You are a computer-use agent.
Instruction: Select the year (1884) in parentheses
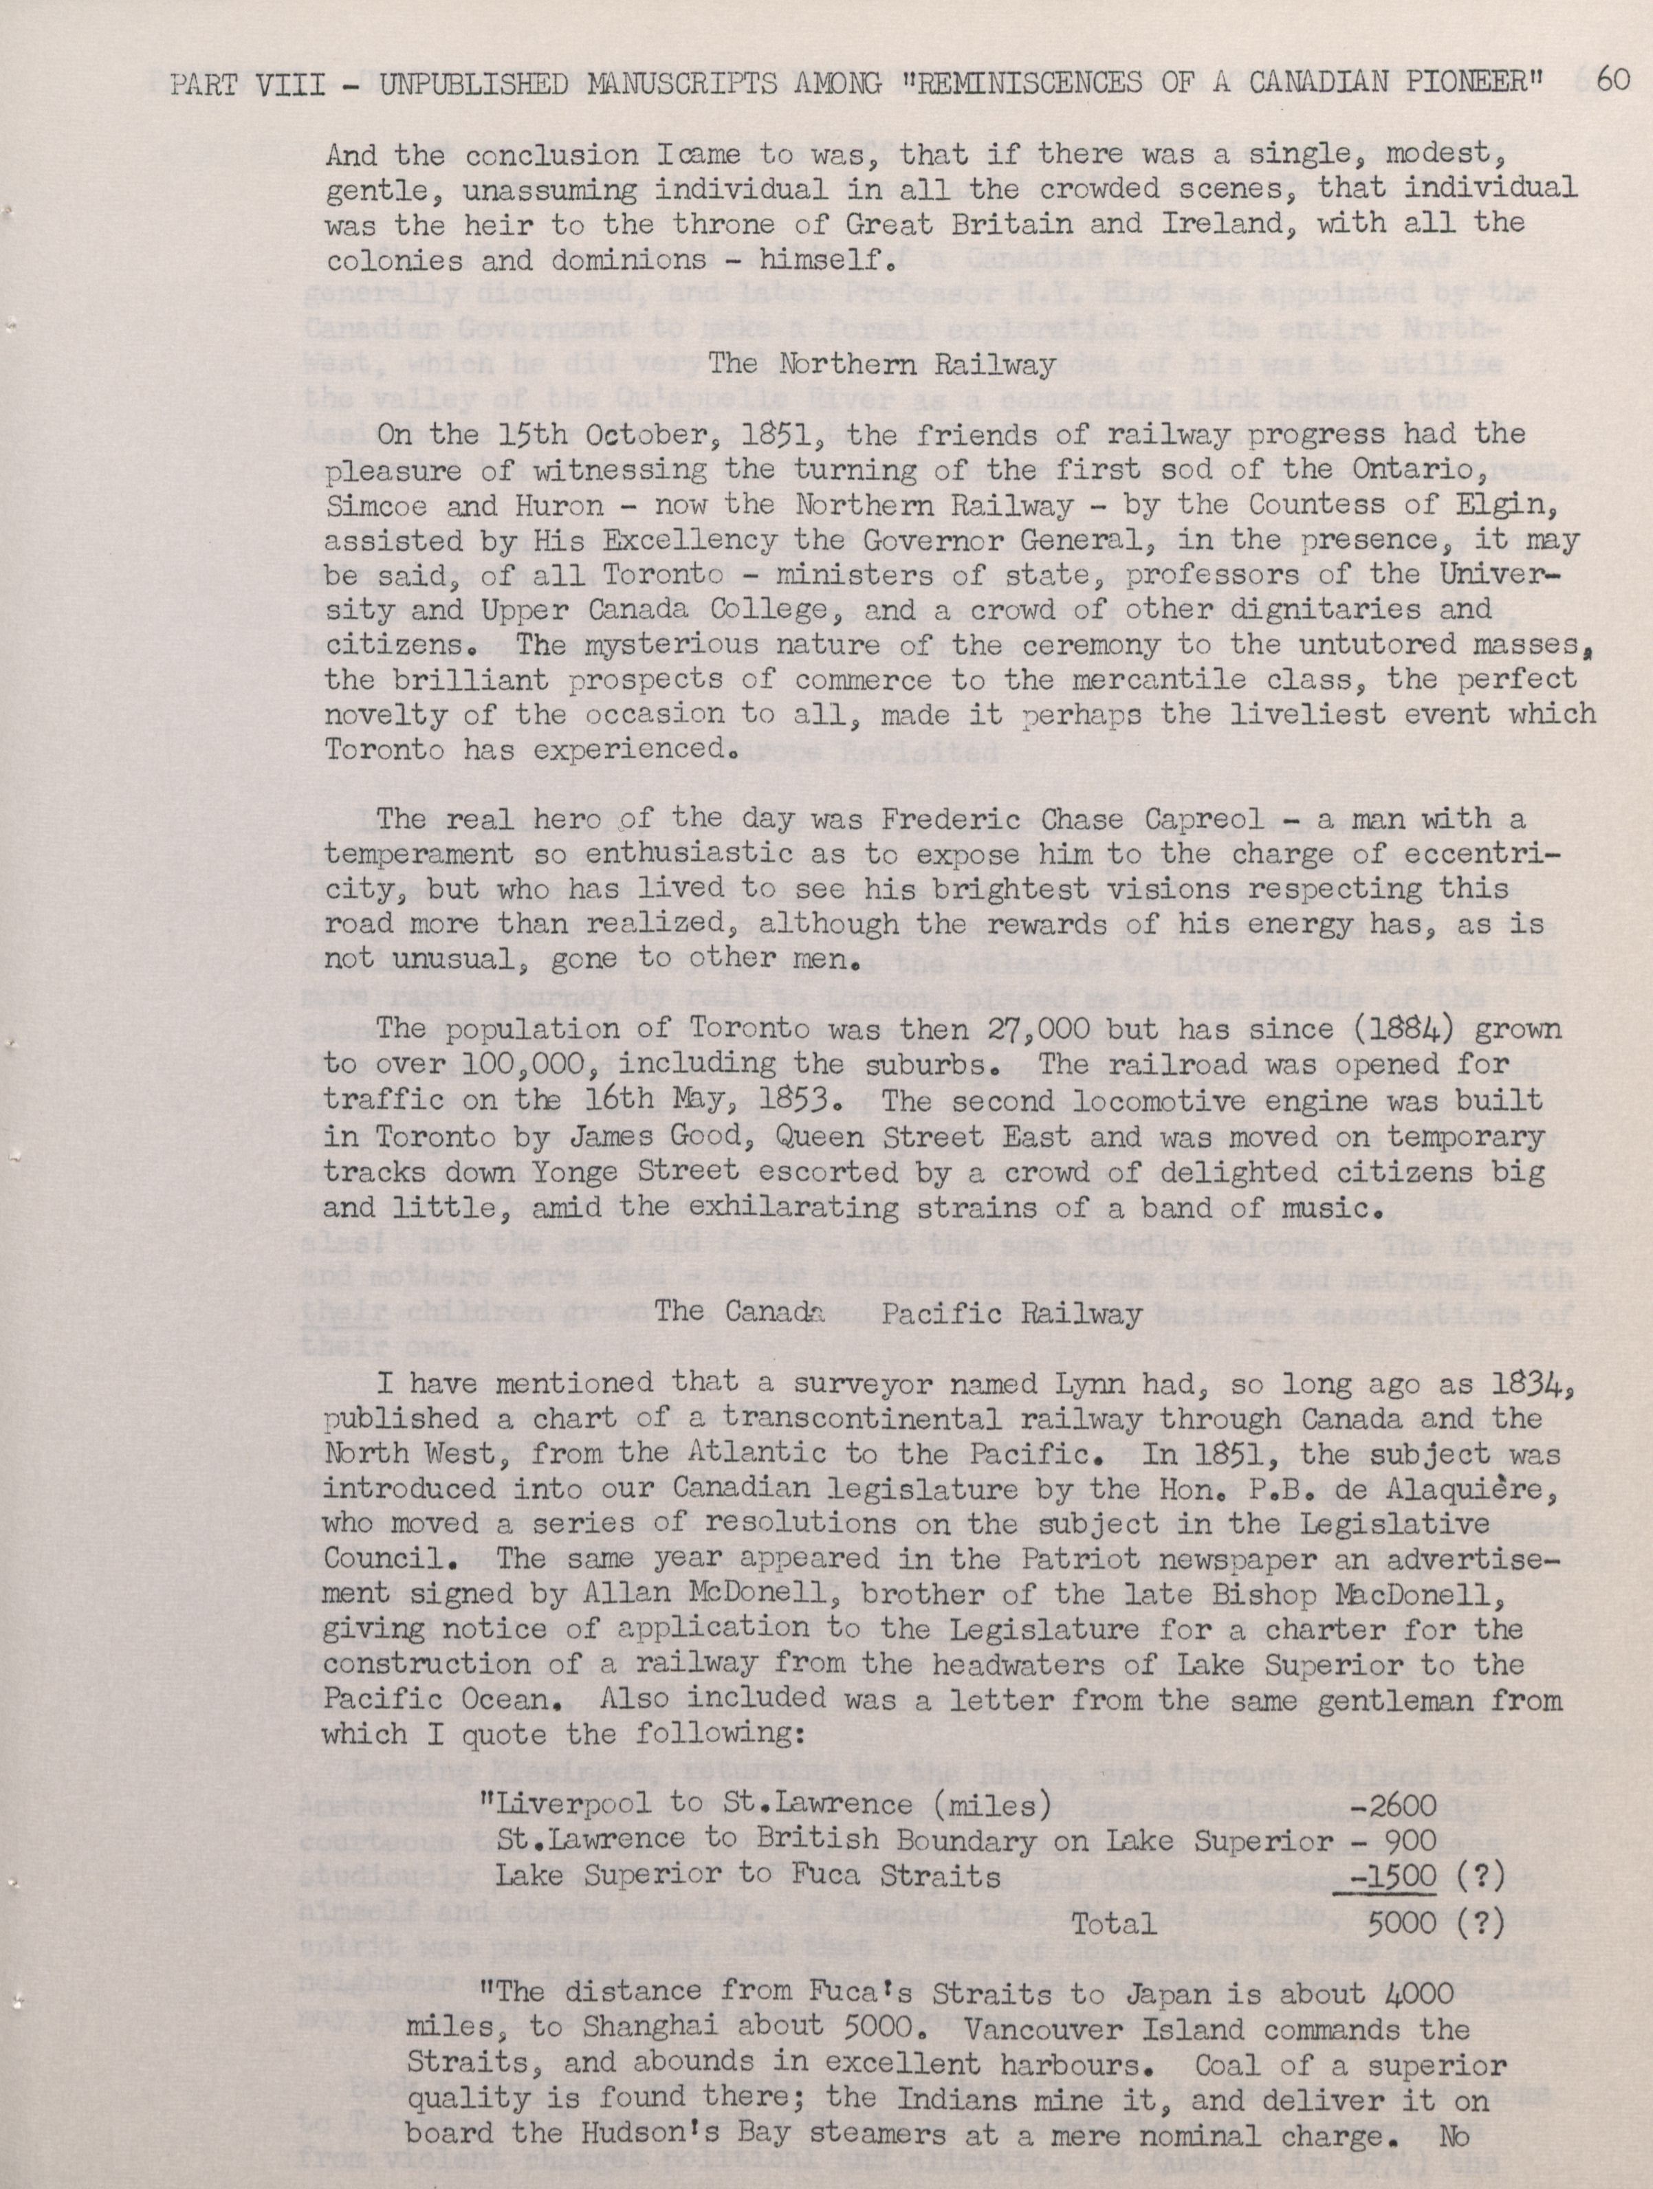(1396, 1029)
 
